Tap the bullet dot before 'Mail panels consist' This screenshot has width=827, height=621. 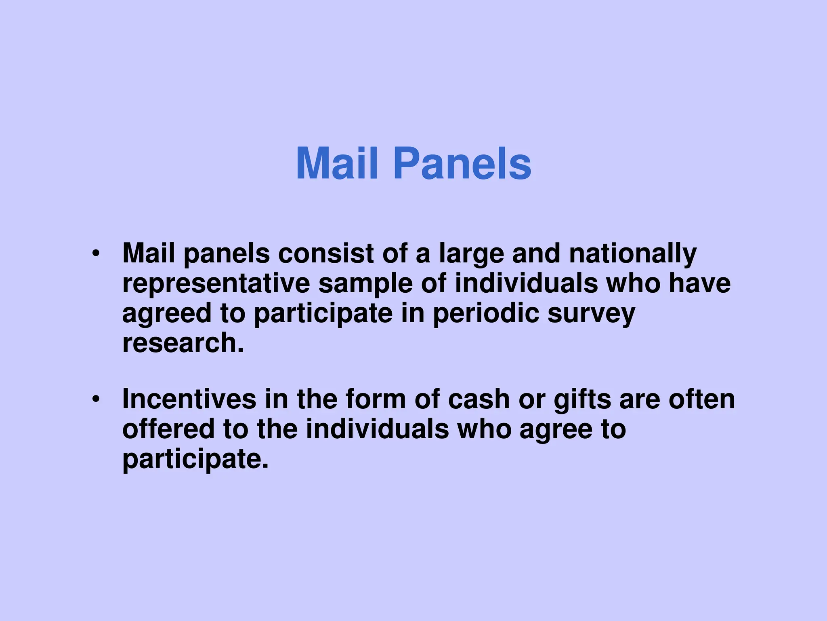[x=95, y=254]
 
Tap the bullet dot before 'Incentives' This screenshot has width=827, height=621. [x=95, y=399]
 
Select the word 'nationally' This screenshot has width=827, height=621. [x=633, y=254]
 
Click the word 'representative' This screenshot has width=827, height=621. [x=216, y=283]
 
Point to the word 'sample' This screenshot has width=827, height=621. [x=365, y=284]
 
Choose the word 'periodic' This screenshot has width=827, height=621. [x=486, y=314]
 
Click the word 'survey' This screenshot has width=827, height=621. [x=591, y=314]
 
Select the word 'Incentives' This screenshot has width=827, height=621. [x=189, y=399]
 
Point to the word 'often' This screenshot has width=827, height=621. [x=702, y=399]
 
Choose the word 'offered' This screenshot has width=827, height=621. [x=168, y=429]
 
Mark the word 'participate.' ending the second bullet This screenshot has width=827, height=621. [x=195, y=459]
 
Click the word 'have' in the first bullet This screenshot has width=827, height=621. [x=699, y=283]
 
